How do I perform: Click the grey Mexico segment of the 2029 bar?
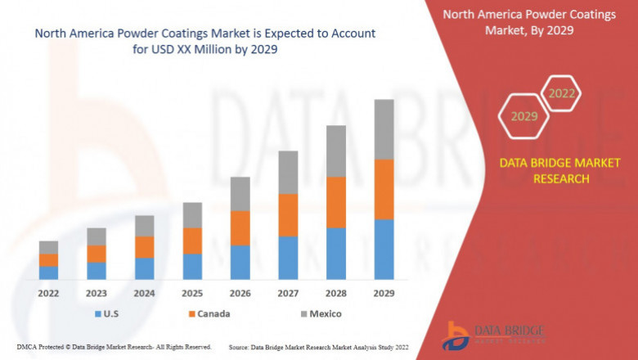384,129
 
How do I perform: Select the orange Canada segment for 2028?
336,202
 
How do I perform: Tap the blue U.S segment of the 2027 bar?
288,258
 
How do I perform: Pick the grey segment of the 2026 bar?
240,194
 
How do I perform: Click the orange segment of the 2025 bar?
192,241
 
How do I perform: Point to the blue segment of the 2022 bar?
48,272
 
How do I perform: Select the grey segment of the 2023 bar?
97,236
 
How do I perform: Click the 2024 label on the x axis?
145,293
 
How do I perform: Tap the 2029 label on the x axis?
384,293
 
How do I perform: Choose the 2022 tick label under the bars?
48,293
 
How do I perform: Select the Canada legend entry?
209,314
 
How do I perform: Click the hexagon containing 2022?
561,93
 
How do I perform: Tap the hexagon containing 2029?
524,116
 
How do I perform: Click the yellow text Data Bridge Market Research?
544,171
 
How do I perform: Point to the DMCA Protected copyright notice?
115,347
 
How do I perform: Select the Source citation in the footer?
319,347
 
